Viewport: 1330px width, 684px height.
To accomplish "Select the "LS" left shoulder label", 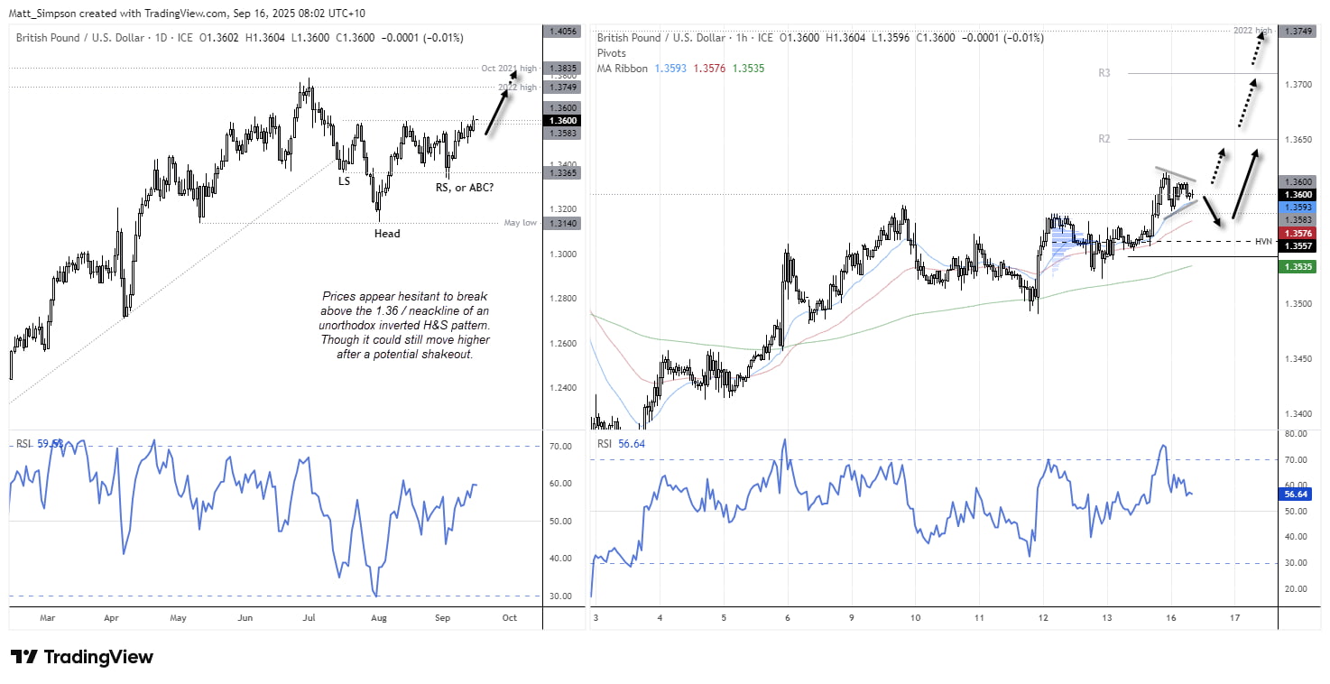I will (344, 181).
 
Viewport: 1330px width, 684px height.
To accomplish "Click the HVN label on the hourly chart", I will (1263, 241).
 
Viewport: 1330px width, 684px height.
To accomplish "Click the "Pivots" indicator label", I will (611, 53).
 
